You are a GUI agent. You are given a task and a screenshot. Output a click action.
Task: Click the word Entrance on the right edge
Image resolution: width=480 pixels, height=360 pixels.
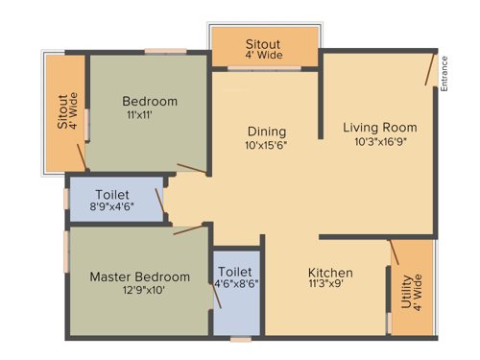click(444, 74)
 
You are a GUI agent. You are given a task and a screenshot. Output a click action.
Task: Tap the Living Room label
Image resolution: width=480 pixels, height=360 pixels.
click(380, 127)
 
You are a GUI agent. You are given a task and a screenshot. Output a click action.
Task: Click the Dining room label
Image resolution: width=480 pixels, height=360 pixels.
click(267, 132)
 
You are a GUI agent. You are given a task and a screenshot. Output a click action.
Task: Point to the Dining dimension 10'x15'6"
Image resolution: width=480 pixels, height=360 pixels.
click(267, 146)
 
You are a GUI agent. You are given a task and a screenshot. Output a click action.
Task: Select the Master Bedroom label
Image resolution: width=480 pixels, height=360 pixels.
click(140, 276)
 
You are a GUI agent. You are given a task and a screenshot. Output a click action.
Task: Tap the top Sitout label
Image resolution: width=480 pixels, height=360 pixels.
click(264, 44)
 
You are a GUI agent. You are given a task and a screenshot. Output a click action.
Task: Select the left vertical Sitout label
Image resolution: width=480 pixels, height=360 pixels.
click(62, 111)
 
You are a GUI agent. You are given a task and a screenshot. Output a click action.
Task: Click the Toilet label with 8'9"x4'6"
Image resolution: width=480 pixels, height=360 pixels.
click(112, 194)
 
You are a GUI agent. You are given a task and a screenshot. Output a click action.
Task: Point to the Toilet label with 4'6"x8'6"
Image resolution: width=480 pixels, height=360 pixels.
click(235, 271)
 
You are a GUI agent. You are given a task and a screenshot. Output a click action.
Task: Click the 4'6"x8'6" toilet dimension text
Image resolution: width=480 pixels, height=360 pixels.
click(235, 284)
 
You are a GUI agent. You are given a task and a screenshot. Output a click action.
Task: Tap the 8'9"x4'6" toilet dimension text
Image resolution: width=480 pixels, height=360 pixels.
click(112, 207)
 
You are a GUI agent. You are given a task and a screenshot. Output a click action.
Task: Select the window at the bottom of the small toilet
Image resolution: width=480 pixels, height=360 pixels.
click(240, 339)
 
